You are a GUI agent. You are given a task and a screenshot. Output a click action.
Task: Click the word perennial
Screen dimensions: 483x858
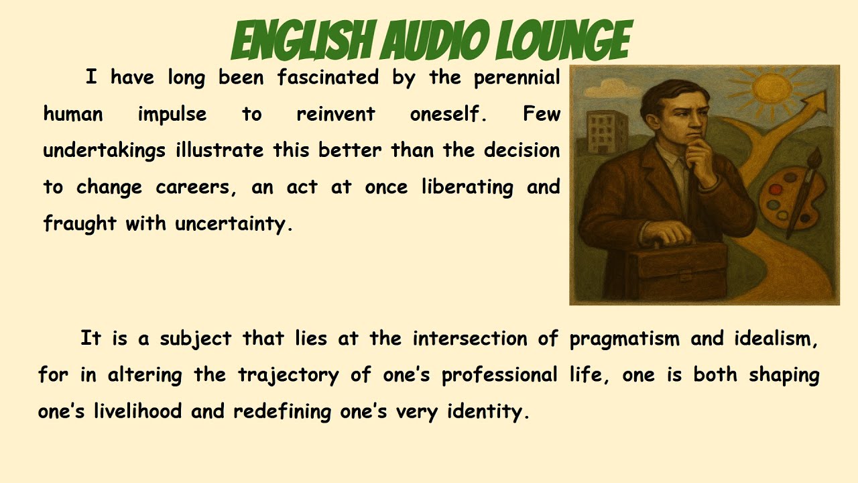pos(517,78)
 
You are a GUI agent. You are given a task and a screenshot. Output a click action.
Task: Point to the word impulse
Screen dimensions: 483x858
pos(172,115)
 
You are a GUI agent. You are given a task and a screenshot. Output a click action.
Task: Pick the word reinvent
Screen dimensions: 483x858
pos(336,115)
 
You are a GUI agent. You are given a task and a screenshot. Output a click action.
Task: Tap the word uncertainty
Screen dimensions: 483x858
pos(234,224)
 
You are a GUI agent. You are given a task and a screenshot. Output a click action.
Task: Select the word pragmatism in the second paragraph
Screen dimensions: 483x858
pos(624,339)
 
